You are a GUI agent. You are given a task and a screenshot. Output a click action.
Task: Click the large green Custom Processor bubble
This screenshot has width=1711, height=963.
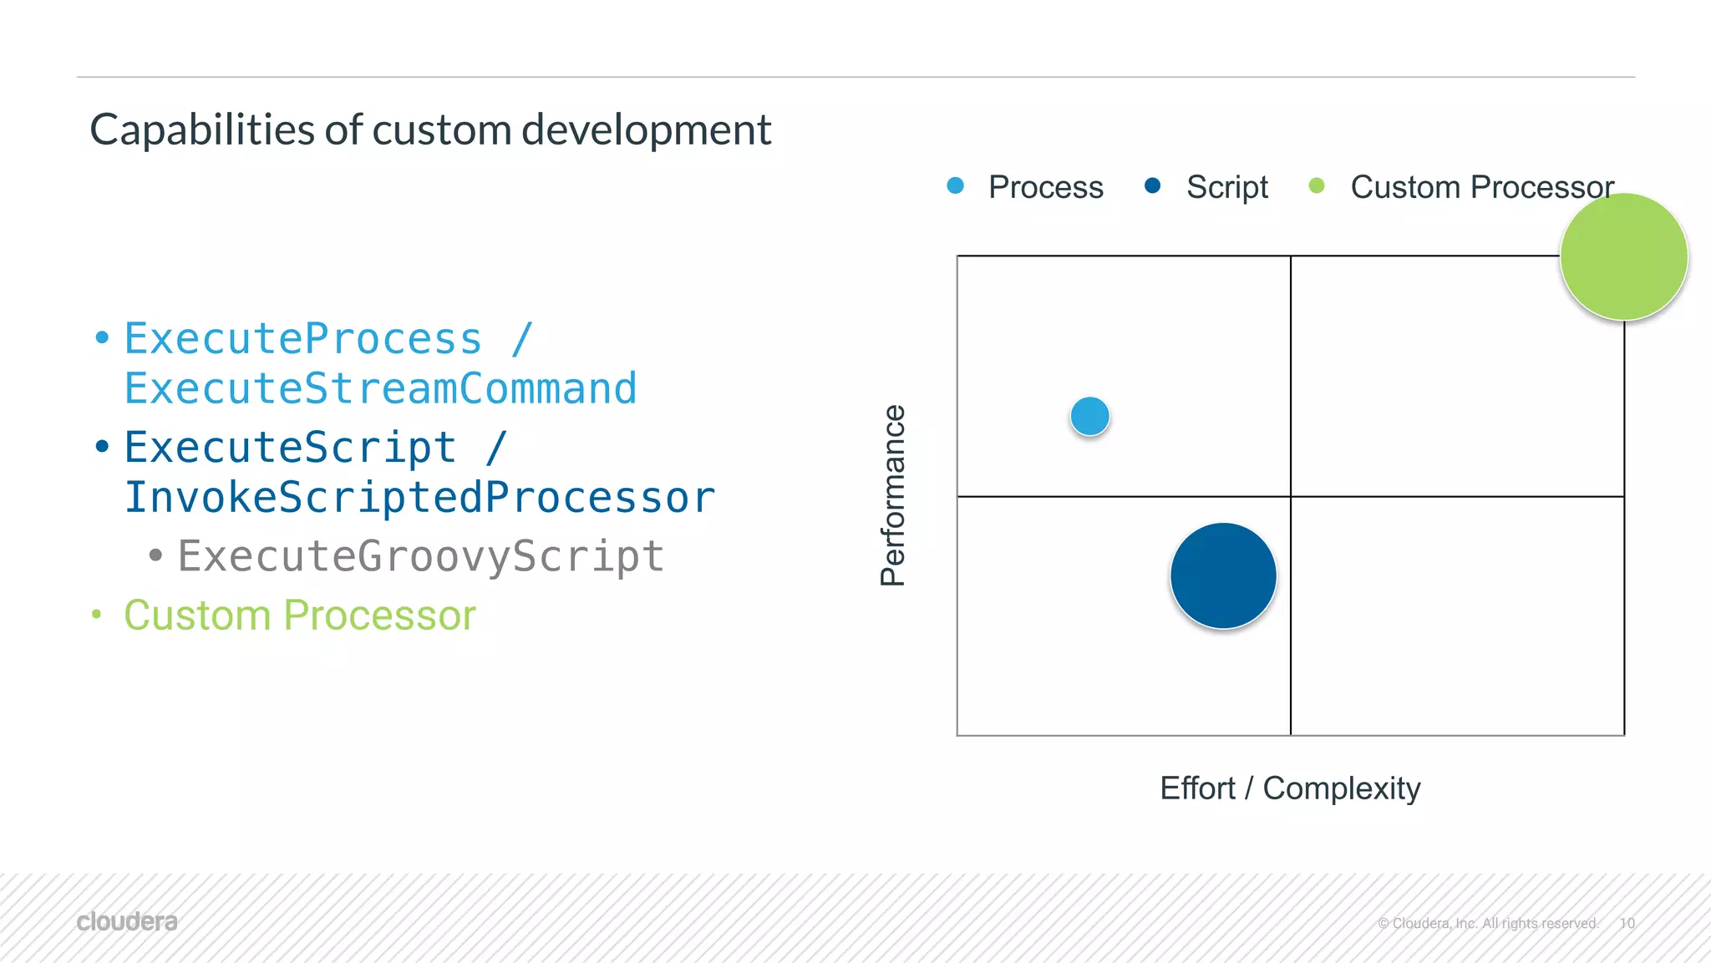[1623, 256]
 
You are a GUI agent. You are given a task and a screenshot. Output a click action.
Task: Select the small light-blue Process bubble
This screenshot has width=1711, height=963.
[1089, 416]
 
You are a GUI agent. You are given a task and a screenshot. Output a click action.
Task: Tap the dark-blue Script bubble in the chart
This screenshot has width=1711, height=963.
[1223, 575]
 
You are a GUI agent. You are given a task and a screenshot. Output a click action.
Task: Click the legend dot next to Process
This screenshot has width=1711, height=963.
[955, 185]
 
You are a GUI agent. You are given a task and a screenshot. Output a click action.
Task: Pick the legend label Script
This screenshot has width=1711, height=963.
[1226, 187]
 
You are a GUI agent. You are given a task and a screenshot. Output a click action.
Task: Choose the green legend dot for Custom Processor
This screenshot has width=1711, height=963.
[1316, 185]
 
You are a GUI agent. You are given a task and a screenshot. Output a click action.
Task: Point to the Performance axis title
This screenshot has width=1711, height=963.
[893, 495]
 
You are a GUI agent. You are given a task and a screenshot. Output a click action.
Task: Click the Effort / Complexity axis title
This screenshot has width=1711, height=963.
[1289, 788]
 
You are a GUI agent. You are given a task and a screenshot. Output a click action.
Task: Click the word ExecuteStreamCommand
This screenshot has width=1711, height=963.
[380, 388]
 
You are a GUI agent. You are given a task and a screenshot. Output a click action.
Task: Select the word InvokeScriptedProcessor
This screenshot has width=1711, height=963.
[419, 498]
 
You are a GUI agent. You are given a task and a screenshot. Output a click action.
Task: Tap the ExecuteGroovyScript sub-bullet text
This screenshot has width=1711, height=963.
[420, 556]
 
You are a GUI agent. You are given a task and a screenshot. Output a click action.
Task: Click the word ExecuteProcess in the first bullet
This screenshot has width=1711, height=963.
[303, 339]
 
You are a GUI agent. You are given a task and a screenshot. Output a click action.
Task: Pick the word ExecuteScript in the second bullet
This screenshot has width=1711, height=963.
[290, 448]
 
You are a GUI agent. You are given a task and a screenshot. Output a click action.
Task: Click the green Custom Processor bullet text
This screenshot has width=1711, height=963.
[299, 616]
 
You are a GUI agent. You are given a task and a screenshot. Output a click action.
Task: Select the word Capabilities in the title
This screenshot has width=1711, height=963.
[201, 130]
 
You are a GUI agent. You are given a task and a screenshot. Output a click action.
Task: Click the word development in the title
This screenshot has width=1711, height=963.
[646, 130]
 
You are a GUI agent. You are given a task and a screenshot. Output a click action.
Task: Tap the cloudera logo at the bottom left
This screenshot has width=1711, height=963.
[127, 921]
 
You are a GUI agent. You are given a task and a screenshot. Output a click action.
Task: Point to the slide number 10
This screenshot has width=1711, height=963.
[1627, 923]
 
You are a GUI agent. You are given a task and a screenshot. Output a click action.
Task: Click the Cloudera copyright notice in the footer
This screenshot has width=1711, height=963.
[1487, 923]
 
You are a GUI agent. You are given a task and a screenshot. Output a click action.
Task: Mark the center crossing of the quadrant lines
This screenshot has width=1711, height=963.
[1291, 496]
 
